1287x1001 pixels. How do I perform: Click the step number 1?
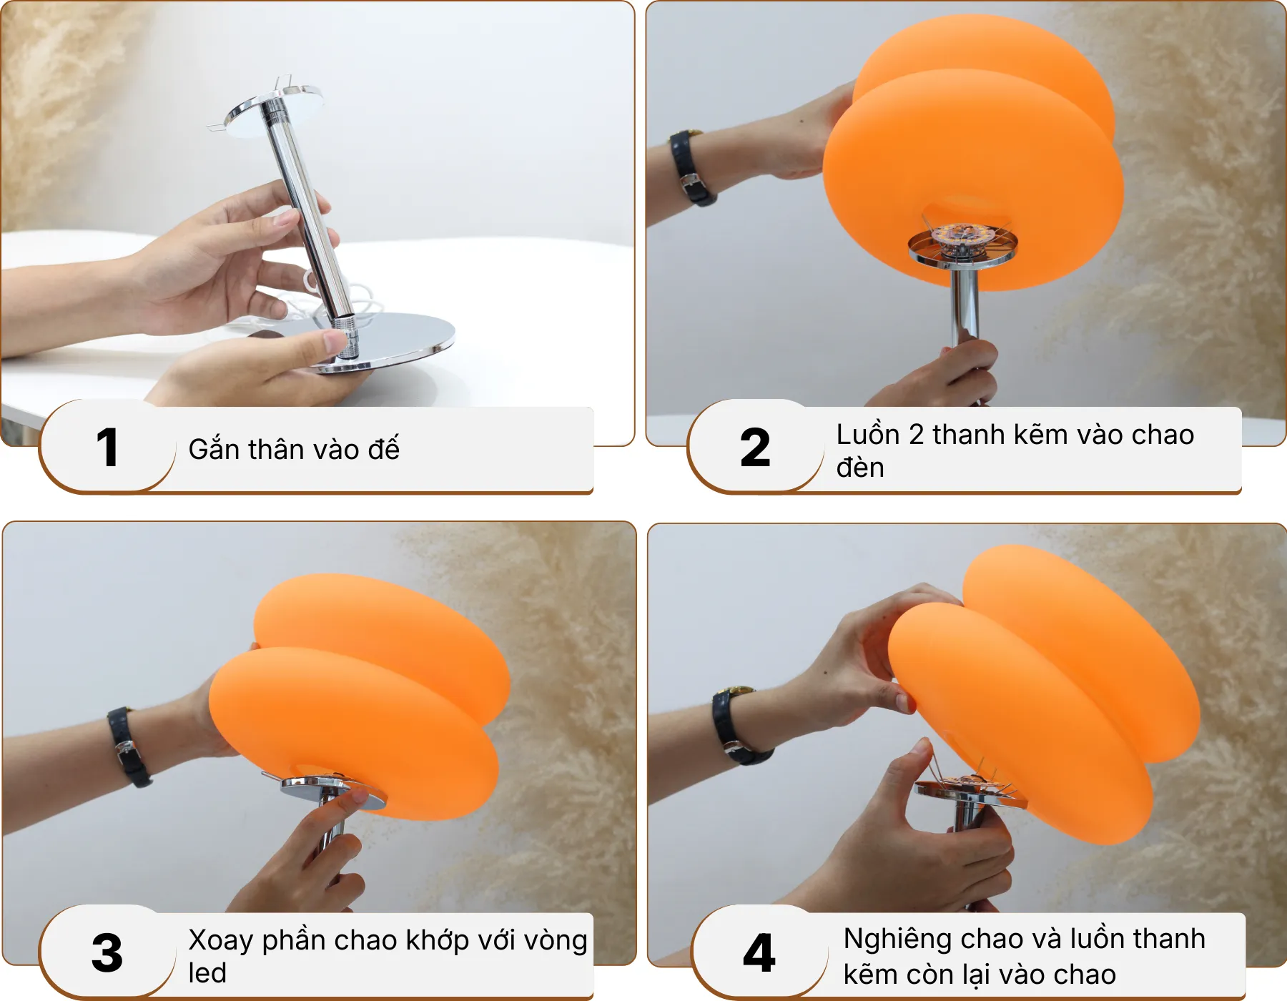107,448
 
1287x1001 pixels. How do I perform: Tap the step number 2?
755,448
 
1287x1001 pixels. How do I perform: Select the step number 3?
107,953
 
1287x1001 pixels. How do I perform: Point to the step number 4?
759,953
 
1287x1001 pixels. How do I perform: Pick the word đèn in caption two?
860,468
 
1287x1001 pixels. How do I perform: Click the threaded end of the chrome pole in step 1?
346,336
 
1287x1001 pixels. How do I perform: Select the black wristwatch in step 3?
129,747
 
